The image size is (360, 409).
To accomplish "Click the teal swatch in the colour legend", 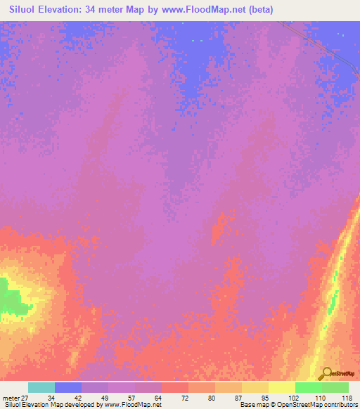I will pyautogui.click(x=41, y=387).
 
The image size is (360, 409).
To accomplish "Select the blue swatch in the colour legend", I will pyautogui.click(x=68, y=387).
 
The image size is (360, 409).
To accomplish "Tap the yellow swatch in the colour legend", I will pyautogui.click(x=281, y=387).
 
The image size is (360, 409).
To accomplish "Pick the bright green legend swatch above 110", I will pyautogui.click(x=308, y=387).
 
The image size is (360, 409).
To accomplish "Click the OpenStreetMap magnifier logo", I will pyautogui.click(x=326, y=373).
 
